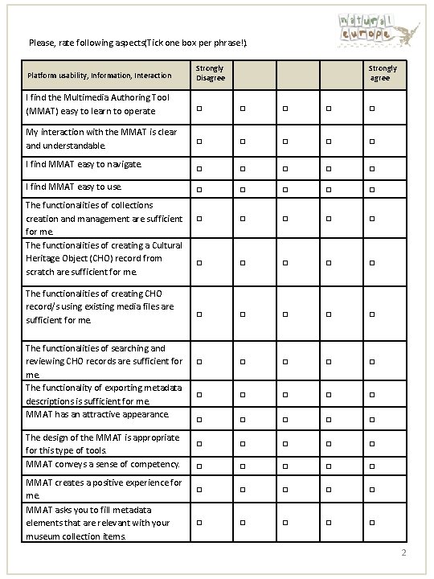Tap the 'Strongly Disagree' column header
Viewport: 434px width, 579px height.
(210, 73)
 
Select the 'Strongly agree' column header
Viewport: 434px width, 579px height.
(383, 73)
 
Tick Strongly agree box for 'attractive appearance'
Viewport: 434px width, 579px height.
(372, 419)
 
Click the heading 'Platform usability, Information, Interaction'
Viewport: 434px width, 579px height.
(99, 76)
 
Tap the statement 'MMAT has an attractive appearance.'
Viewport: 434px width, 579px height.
(97, 415)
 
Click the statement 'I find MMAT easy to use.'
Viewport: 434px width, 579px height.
(74, 187)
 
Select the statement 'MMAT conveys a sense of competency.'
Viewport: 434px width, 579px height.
(101, 465)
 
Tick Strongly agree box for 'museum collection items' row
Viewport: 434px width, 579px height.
(372, 524)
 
